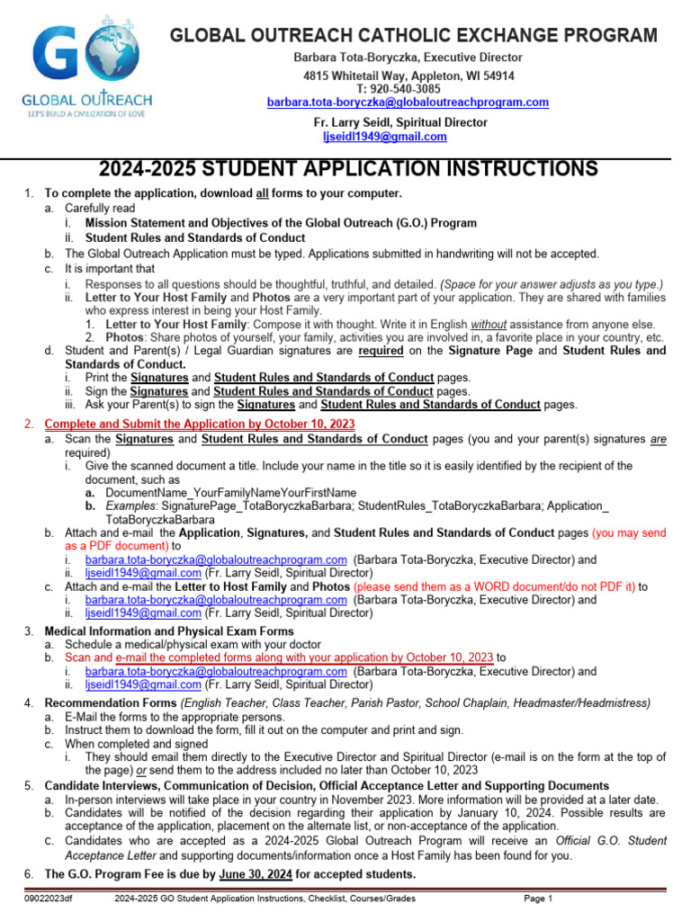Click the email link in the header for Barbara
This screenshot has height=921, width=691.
pyautogui.click(x=408, y=103)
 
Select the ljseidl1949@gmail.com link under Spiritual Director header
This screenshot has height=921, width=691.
pyautogui.click(x=384, y=137)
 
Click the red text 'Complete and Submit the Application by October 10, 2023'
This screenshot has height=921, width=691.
pyautogui.click(x=200, y=424)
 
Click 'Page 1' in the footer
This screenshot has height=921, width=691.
pyautogui.click(x=538, y=899)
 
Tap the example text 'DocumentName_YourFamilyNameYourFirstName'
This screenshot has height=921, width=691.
pyautogui.click(x=230, y=493)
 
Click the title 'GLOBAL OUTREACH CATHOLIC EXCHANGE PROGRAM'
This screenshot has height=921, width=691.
pyautogui.click(x=414, y=36)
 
